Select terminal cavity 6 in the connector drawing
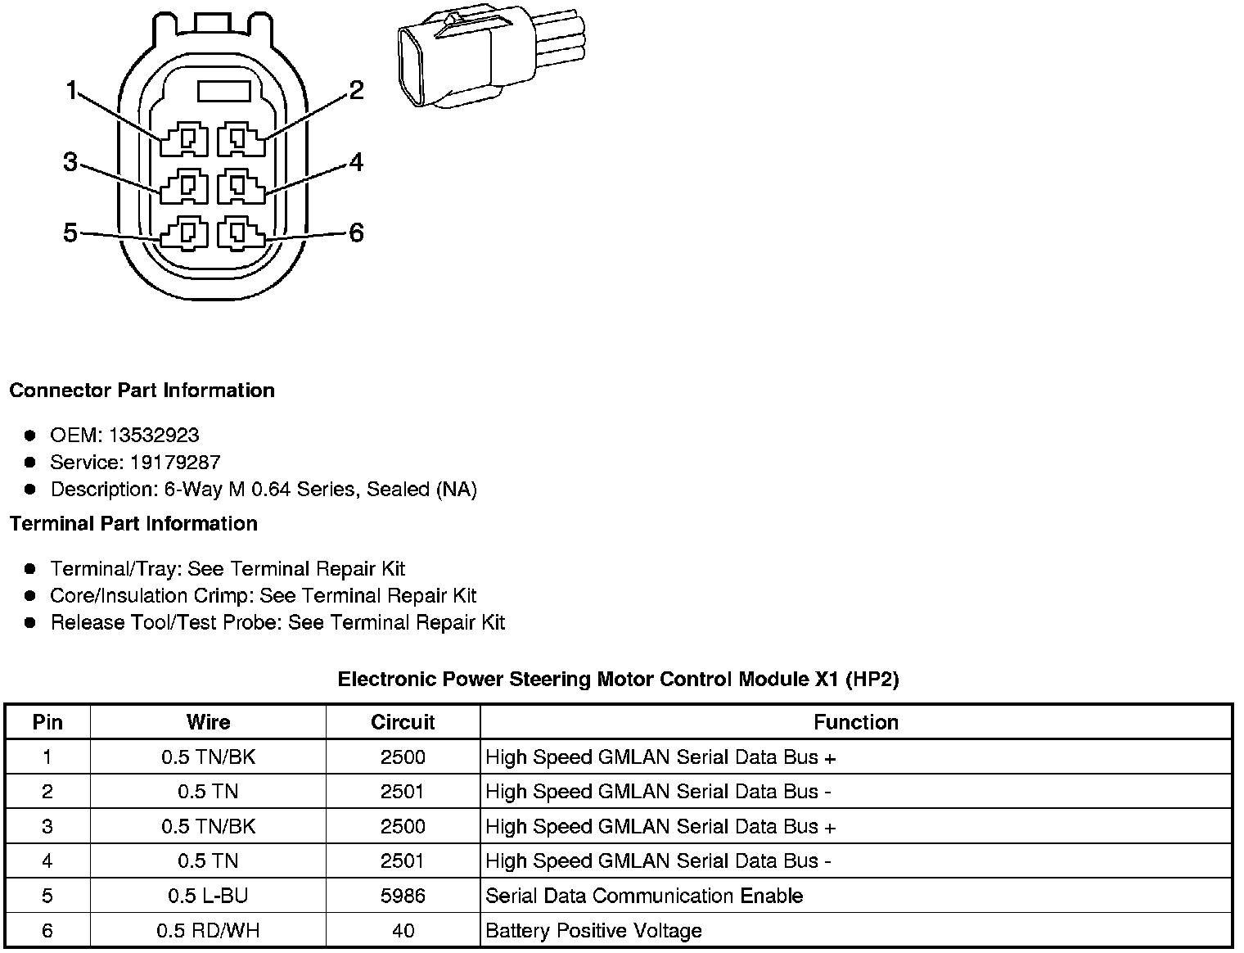click(x=241, y=234)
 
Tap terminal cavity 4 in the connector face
click(x=241, y=187)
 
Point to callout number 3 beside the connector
click(x=70, y=163)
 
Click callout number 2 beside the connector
click(x=356, y=90)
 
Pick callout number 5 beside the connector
click(x=70, y=233)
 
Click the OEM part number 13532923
click(x=154, y=436)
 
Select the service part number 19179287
click(x=175, y=463)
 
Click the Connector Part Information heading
click(x=142, y=391)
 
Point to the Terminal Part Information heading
click(x=133, y=524)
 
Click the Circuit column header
click(x=403, y=722)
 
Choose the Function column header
click(x=856, y=722)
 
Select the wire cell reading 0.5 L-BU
click(x=208, y=896)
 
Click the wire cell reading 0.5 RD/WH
click(x=208, y=931)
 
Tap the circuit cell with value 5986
click(x=403, y=896)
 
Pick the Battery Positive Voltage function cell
click(x=593, y=931)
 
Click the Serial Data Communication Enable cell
click(x=644, y=896)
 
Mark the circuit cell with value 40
click(x=403, y=931)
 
